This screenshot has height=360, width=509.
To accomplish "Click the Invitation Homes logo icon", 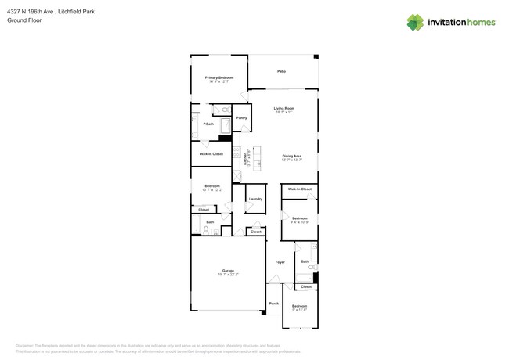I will pyautogui.click(x=415, y=23).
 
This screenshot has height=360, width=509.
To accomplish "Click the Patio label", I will pyautogui.click(x=282, y=71).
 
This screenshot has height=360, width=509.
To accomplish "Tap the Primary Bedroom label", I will pyautogui.click(x=219, y=78).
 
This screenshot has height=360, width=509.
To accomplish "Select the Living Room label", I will pyautogui.click(x=283, y=109).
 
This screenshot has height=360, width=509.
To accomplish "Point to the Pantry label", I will pyautogui.click(x=241, y=118).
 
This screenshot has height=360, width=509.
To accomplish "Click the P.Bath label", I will pyautogui.click(x=208, y=124).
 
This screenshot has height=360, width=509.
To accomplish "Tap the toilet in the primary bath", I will pyautogui.click(x=225, y=110).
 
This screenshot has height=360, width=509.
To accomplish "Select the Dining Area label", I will pyautogui.click(x=292, y=157).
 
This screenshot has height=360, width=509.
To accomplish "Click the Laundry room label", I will pyautogui.click(x=255, y=199).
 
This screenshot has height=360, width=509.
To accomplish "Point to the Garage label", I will pyautogui.click(x=228, y=271).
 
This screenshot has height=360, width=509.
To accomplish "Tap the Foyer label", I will pyautogui.click(x=280, y=262).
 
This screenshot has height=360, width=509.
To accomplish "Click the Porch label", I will pyautogui.click(x=273, y=304).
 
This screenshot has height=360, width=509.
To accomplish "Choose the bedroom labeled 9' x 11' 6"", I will pyautogui.click(x=299, y=307).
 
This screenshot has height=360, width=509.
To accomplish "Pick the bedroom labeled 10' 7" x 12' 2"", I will pyautogui.click(x=211, y=186).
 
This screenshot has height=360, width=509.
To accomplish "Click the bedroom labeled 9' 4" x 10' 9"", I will pyautogui.click(x=300, y=219).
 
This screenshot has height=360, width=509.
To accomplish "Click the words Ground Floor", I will pyautogui.click(x=23, y=20).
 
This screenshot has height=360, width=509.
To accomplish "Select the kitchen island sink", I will pyautogui.click(x=257, y=164).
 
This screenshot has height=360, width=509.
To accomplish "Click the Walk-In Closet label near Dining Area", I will pyautogui.click(x=299, y=189).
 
